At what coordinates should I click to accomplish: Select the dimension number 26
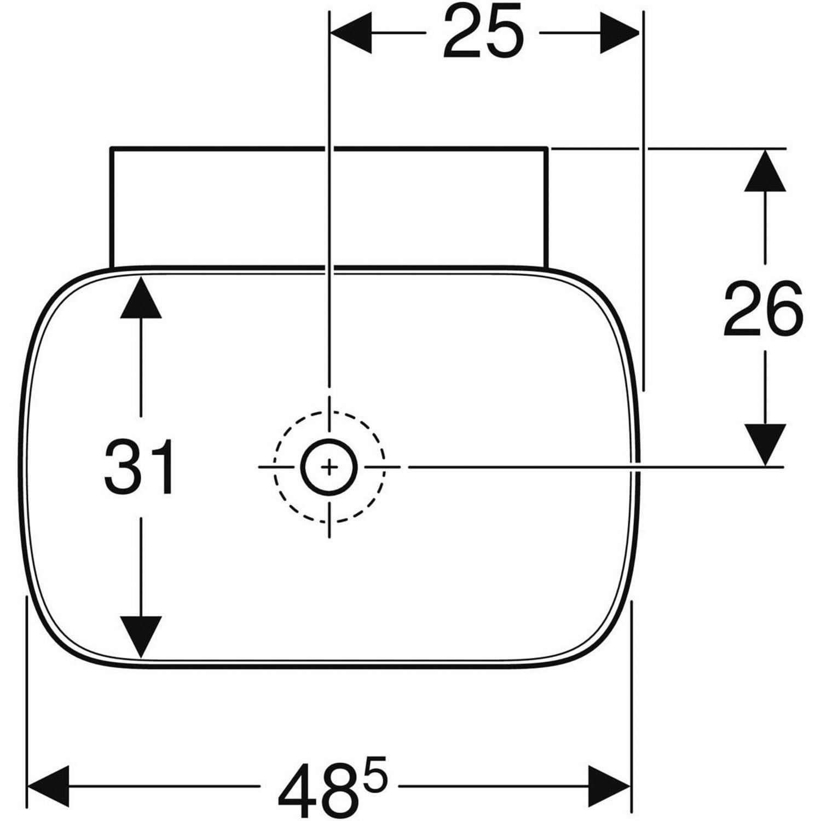click(x=764, y=310)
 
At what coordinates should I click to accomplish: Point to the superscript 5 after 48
click(x=374, y=773)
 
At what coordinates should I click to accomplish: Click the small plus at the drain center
click(x=329, y=467)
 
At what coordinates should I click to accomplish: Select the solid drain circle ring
click(x=329, y=440)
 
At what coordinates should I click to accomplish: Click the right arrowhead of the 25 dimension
click(x=620, y=33)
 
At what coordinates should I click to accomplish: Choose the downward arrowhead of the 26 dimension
click(x=765, y=445)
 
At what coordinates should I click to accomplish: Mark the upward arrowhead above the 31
click(x=141, y=297)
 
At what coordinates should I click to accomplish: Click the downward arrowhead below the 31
click(x=141, y=637)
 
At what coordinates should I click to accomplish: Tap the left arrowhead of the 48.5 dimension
click(x=48, y=787)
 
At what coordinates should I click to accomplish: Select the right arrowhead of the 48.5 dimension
click(x=609, y=787)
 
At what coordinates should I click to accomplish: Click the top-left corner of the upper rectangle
click(x=111, y=148)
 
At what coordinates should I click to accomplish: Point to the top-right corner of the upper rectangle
click(x=547, y=148)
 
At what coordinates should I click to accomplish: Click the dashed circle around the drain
click(x=329, y=412)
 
